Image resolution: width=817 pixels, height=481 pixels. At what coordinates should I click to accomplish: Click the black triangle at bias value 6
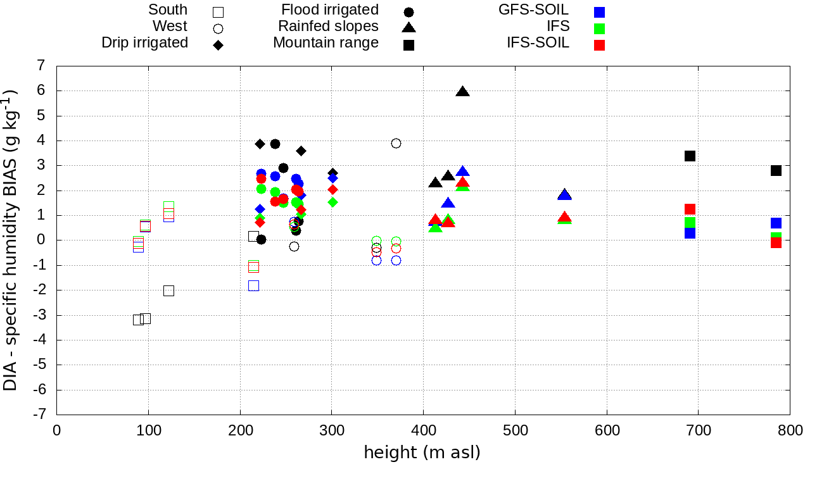tap(462, 92)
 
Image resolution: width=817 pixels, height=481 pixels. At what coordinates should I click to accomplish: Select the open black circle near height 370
tap(396, 143)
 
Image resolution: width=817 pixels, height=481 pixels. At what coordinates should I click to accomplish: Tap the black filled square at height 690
tap(690, 156)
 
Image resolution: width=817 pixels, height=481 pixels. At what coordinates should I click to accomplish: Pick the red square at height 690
tap(690, 209)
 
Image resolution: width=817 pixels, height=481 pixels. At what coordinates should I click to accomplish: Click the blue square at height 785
tap(776, 223)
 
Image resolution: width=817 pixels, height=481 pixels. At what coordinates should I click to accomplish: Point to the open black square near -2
tap(168, 290)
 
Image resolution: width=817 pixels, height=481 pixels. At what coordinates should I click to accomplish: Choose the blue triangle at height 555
tap(564, 195)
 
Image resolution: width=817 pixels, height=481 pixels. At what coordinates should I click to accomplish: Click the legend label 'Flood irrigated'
tap(330, 10)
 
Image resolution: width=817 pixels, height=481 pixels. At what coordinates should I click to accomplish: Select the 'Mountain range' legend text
tap(326, 43)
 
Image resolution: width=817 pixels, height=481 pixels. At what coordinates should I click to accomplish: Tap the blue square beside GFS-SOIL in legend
tap(599, 12)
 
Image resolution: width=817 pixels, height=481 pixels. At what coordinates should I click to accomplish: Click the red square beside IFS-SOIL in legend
tap(599, 45)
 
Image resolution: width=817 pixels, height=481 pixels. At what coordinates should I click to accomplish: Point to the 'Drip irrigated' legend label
tap(144, 43)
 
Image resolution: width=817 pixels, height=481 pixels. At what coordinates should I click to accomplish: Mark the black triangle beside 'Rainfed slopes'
tap(408, 27)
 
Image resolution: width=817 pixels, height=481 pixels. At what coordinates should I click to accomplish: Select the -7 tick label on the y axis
tap(41, 415)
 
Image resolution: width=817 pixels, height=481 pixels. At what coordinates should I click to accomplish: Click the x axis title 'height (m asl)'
tap(422, 453)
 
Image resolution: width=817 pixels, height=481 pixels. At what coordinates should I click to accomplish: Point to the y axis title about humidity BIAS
tap(11, 239)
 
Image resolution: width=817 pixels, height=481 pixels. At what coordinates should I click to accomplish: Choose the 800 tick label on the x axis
tap(789, 431)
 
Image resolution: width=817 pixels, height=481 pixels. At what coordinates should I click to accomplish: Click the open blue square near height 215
tap(253, 285)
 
